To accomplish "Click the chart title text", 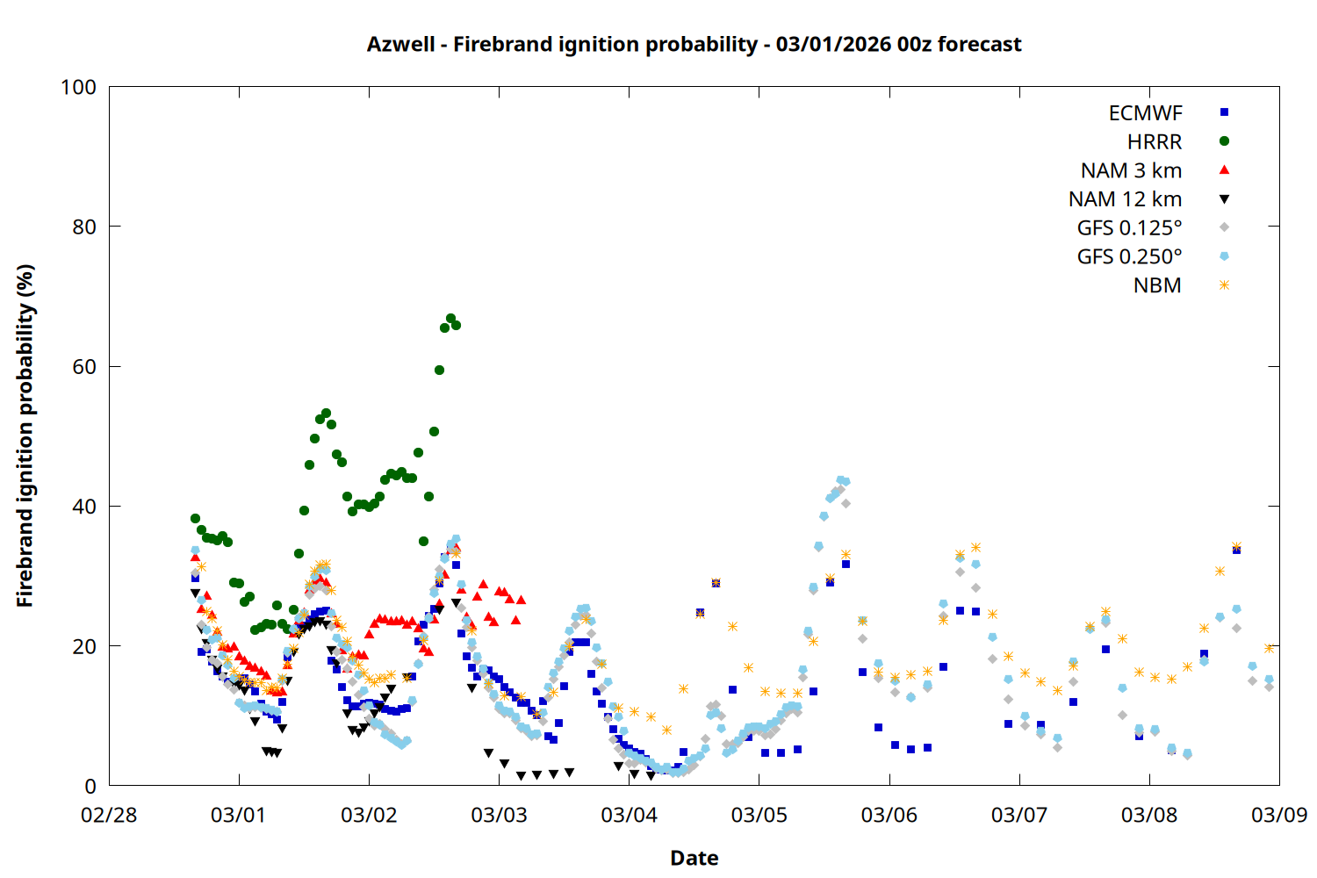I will [694, 44].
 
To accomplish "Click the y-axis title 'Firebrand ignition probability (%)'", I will [25, 435].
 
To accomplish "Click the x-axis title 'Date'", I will [694, 858].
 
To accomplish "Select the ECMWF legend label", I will [1145, 113].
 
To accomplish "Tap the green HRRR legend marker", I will [1224, 141].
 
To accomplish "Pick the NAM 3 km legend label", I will [1131, 170].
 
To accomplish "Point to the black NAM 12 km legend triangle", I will [1224, 199].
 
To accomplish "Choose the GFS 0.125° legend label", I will [1129, 228].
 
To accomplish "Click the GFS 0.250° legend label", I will [1129, 256].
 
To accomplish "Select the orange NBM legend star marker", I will [1224, 285].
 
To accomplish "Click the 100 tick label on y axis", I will [78, 87].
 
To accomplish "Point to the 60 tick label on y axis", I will [84, 367].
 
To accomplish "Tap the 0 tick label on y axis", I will [90, 787].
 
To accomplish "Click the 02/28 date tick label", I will [109, 815].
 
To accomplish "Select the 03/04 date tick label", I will [629, 815].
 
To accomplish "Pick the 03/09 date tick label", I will [1278, 815].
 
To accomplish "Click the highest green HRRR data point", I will [450, 319].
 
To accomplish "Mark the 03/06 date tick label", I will [889, 815].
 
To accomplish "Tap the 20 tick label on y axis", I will [84, 646].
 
